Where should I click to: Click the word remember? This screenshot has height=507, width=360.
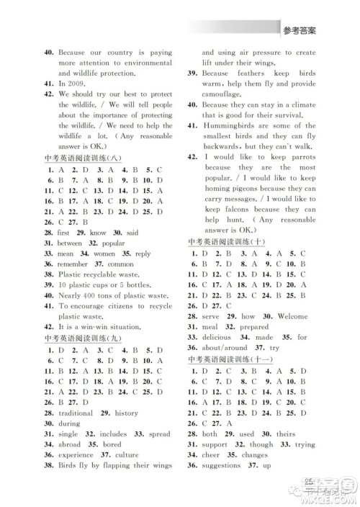pyautogui.click(x=75, y=264)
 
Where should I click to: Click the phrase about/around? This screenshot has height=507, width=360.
pyautogui.click(x=228, y=349)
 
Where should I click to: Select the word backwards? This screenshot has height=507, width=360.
pyautogui.click(x=224, y=146)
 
